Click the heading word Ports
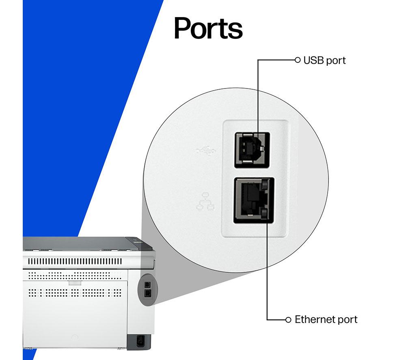[208, 28]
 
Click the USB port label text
[324, 60]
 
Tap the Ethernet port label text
[326, 319]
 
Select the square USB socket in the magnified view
[252, 150]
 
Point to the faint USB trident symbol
[206, 150]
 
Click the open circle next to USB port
[298, 60]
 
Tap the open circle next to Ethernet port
[288, 320]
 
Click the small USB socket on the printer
[147, 285]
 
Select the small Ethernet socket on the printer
[147, 293]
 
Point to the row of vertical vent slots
[75, 261]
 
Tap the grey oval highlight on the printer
[148, 290]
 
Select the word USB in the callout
[313, 60]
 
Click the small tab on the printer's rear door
[75, 283]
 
